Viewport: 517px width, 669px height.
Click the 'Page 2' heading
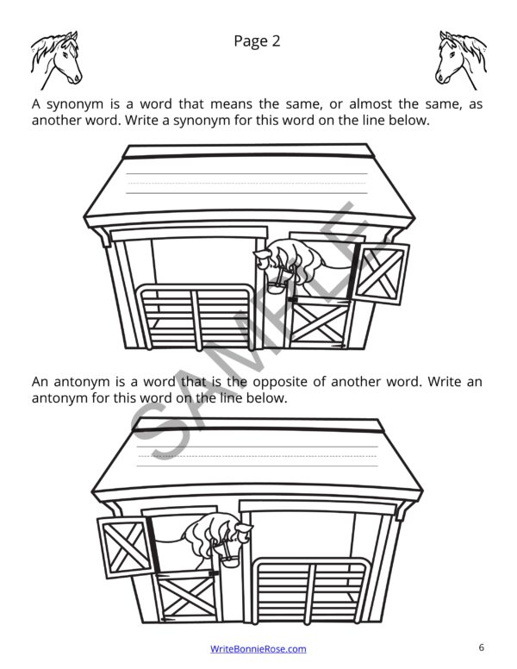coord(257,41)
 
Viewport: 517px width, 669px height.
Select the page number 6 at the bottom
coord(482,647)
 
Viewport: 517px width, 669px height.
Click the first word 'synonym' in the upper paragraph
coord(73,103)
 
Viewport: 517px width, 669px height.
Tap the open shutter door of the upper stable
coord(382,273)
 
